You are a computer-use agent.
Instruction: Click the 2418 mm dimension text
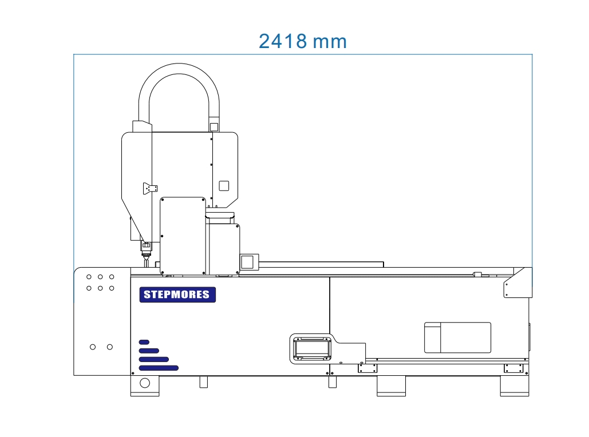tap(302, 41)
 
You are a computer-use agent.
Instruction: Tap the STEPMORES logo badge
tap(177, 295)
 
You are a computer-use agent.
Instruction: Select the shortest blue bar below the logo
tap(144, 342)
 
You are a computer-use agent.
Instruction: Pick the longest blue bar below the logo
tap(159, 368)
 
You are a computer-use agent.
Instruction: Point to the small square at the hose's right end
tap(214, 127)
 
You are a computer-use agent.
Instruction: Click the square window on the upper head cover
tap(224, 185)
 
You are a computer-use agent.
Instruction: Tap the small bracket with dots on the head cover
tap(151, 188)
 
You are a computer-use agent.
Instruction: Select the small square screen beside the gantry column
tap(247, 262)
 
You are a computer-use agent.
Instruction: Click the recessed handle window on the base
tap(312, 347)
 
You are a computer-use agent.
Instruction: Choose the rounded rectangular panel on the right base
tap(457, 337)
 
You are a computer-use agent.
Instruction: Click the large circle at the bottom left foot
tap(145, 383)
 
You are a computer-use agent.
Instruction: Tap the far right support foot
tap(514, 386)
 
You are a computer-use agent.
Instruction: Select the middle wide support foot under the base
tap(391, 386)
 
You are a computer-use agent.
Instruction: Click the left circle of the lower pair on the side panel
tap(93, 347)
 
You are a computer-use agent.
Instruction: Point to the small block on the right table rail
tap(477, 274)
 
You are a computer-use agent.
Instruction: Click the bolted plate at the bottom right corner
tap(513, 368)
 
